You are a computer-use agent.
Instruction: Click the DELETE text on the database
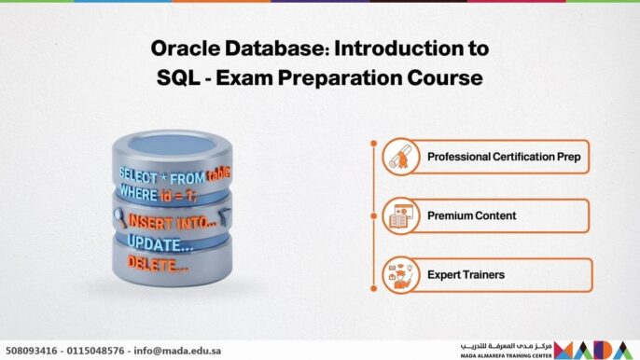pos(157,266)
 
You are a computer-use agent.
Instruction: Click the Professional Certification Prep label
pos(503,157)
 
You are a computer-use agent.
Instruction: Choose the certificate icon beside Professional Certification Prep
pos(399,158)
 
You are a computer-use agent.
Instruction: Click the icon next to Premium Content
pos(399,216)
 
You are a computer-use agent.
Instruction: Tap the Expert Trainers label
pos(466,275)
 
